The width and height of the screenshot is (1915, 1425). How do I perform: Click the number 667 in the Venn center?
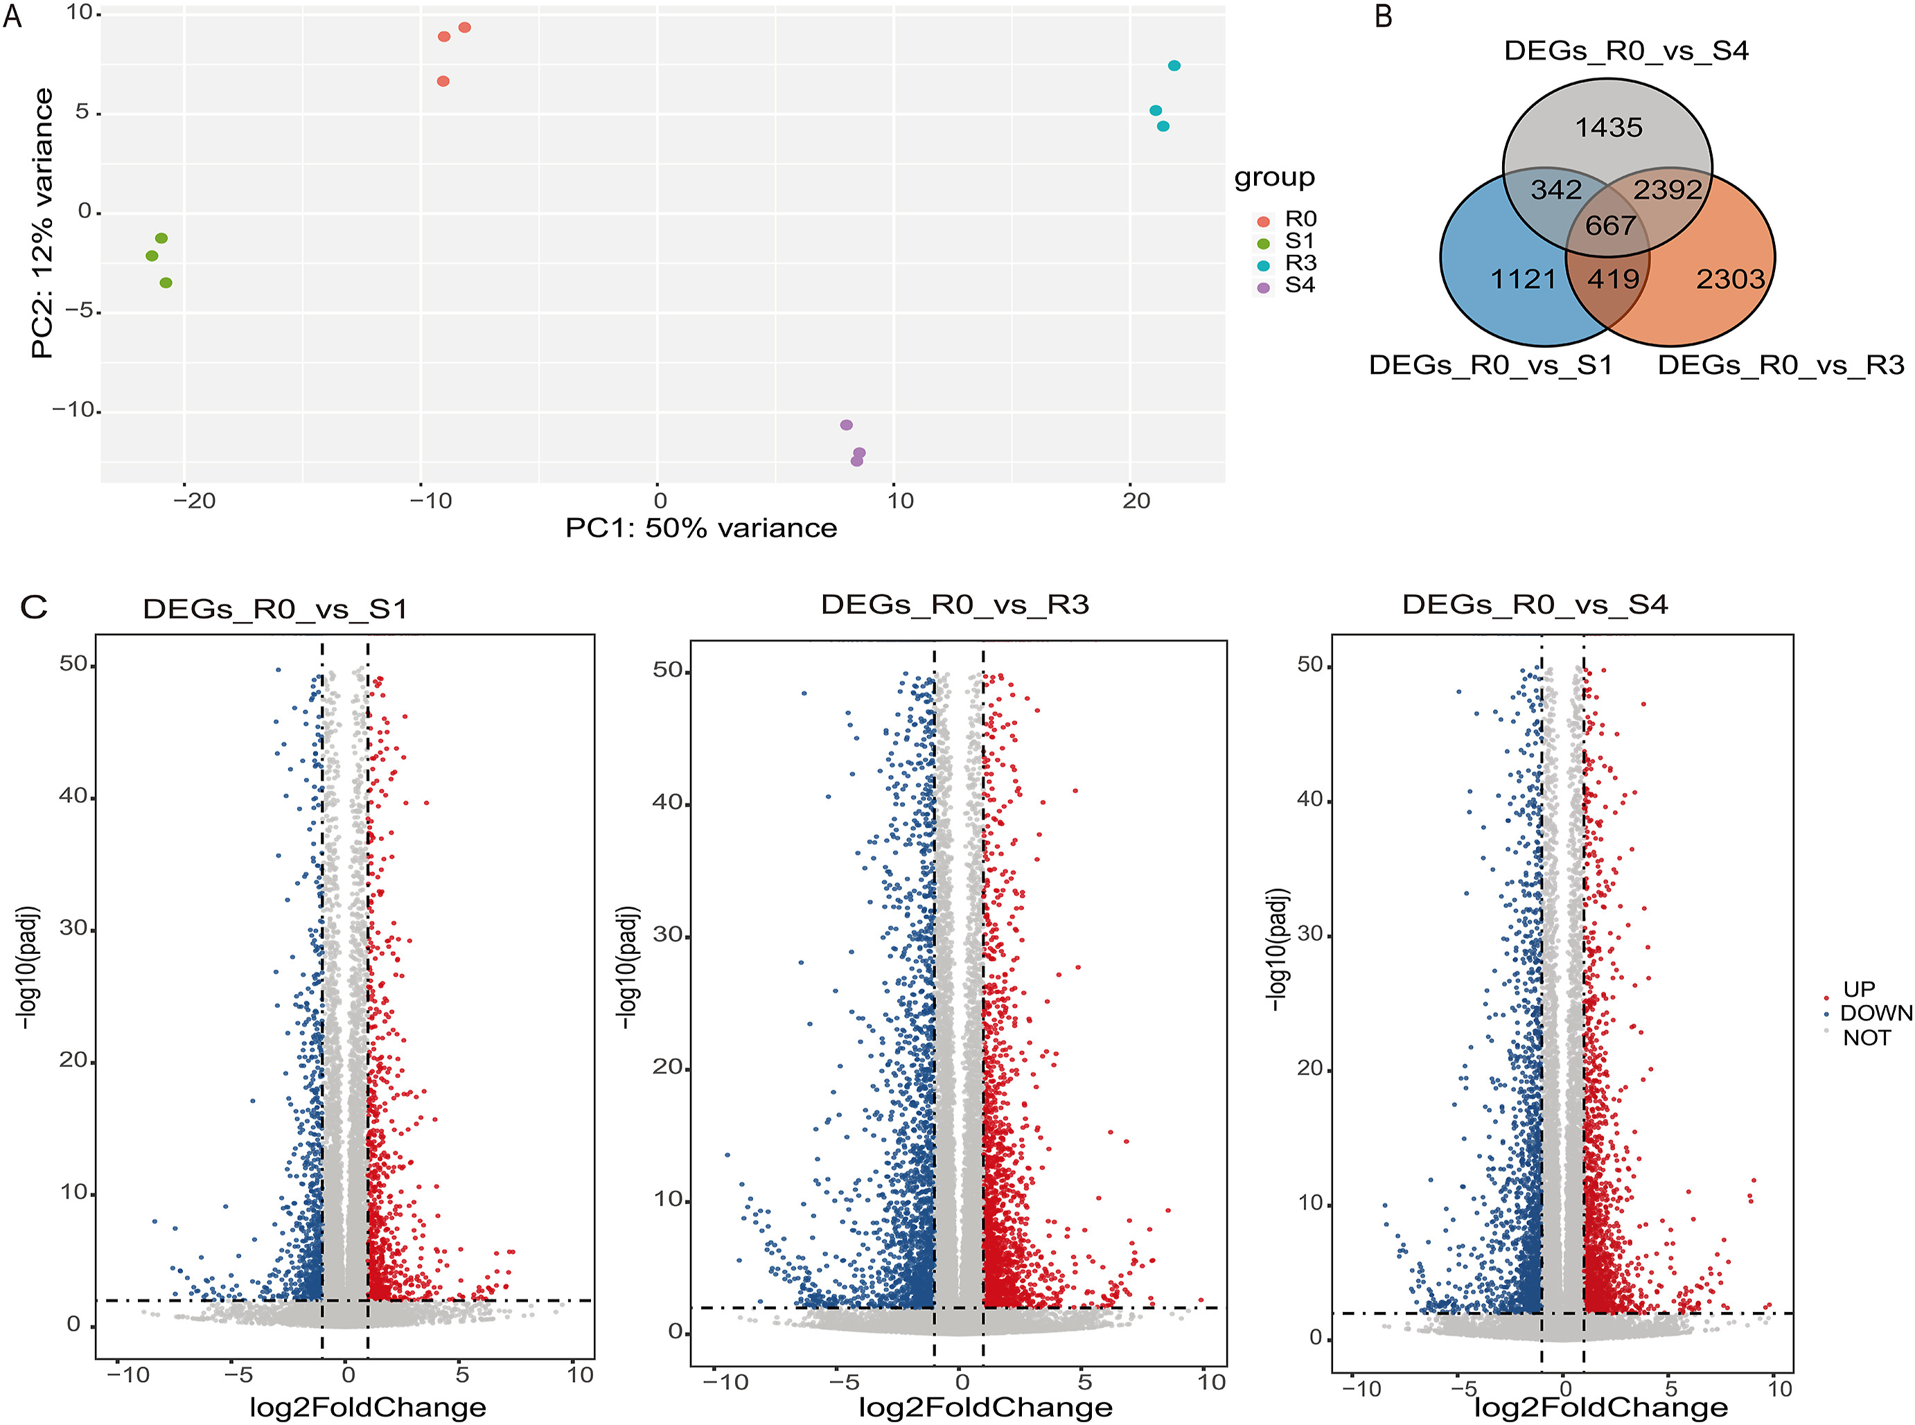[x=1610, y=226]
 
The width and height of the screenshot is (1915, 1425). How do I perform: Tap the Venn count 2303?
[x=1731, y=279]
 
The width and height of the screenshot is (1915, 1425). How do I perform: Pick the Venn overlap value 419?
[x=1613, y=279]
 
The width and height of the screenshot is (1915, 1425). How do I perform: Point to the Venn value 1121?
[x=1524, y=279]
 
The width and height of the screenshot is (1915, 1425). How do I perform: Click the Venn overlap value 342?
[x=1556, y=190]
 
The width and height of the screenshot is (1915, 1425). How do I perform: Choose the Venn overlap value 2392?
[x=1668, y=190]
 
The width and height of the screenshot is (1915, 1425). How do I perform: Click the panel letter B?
[x=1384, y=17]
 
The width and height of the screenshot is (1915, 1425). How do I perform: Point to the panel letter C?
[x=34, y=608]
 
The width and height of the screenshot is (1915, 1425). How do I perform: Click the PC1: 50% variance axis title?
[x=701, y=528]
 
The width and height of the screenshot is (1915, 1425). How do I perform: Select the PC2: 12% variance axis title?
[x=42, y=222]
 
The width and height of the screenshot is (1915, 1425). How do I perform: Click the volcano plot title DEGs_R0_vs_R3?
[x=955, y=605]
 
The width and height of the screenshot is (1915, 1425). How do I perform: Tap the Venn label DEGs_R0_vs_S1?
[x=1490, y=366]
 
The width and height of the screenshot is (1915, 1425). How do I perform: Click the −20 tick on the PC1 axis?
[x=193, y=501]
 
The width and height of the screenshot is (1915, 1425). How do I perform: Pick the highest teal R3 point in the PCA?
[x=1174, y=67]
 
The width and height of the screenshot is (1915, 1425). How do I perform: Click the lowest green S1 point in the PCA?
[x=166, y=283]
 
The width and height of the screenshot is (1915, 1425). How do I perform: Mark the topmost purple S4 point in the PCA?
[x=846, y=425]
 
